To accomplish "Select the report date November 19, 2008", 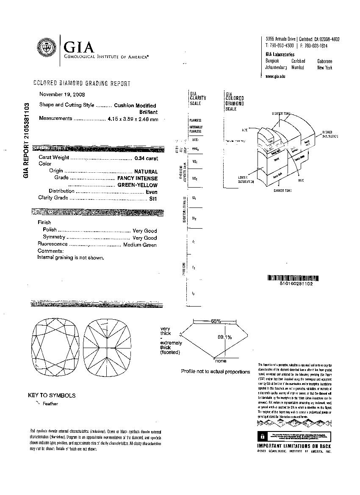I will pos(62,94).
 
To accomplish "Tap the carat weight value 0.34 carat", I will pos(146,158).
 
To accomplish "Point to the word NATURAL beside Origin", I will pos(146,171).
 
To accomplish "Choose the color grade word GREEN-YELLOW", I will pos(137,185).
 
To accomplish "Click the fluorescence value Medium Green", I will pos(140,245).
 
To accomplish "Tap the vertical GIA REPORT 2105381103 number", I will pos(26,140).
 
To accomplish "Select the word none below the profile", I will pos(221,361).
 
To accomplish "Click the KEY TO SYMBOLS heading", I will pos(52,395).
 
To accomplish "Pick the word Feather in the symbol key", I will pos(50,404).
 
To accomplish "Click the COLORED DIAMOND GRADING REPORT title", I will pos(82,83).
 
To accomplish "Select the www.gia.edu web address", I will pos(275,76).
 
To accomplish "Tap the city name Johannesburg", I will pos(276,67).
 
